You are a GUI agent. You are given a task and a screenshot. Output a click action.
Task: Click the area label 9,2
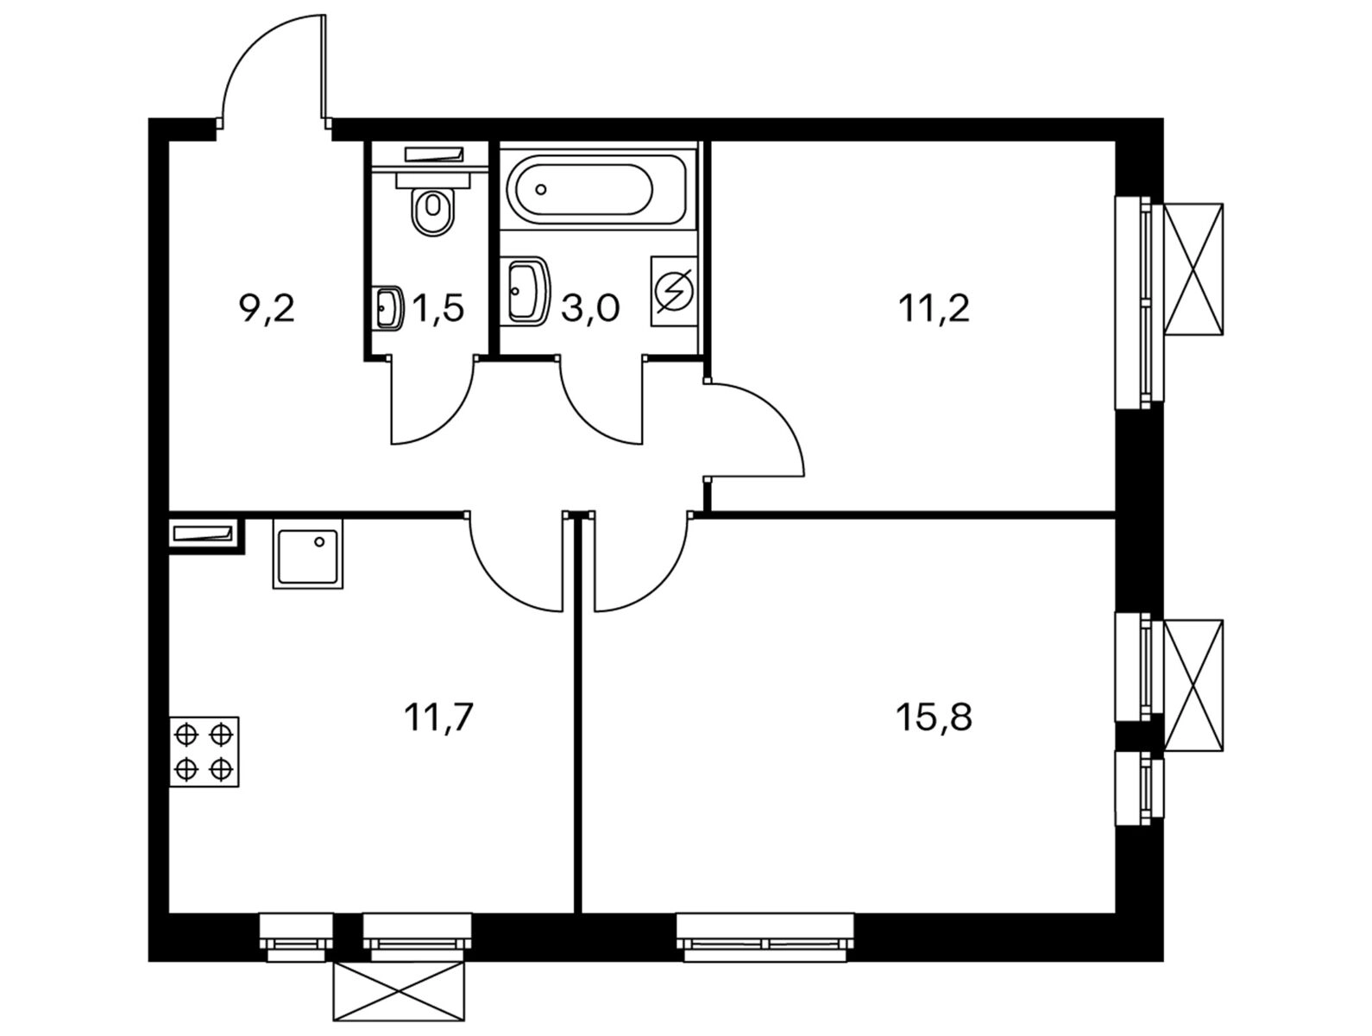pyautogui.click(x=267, y=308)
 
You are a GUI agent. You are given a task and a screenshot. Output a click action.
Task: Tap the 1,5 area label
pyautogui.click(x=438, y=308)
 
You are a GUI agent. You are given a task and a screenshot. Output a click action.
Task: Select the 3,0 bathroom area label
pyautogui.click(x=590, y=308)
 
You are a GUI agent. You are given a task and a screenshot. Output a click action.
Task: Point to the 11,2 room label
pyautogui.click(x=935, y=308)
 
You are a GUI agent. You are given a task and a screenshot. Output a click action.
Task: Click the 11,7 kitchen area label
pyautogui.click(x=439, y=717)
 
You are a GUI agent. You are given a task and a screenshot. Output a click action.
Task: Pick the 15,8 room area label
pyautogui.click(x=935, y=717)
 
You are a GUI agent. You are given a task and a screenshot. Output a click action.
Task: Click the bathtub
pyautogui.click(x=597, y=189)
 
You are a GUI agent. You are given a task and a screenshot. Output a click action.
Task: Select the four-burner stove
pyautogui.click(x=205, y=751)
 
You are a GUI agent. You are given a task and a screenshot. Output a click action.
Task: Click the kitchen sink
pyautogui.click(x=308, y=553)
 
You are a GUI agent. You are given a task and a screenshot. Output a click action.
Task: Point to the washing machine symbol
pyautogui.click(x=674, y=291)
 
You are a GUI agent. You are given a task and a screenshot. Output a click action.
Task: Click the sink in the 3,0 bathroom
pyautogui.click(x=526, y=290)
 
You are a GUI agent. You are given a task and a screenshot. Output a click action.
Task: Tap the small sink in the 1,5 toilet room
pyautogui.click(x=389, y=307)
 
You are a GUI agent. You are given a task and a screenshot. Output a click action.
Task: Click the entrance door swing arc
pyautogui.click(x=259, y=60)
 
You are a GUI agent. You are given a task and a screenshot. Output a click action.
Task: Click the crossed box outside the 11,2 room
pyautogui.click(x=1193, y=268)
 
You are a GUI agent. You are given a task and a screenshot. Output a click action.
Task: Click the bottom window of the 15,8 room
pyautogui.click(x=765, y=938)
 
